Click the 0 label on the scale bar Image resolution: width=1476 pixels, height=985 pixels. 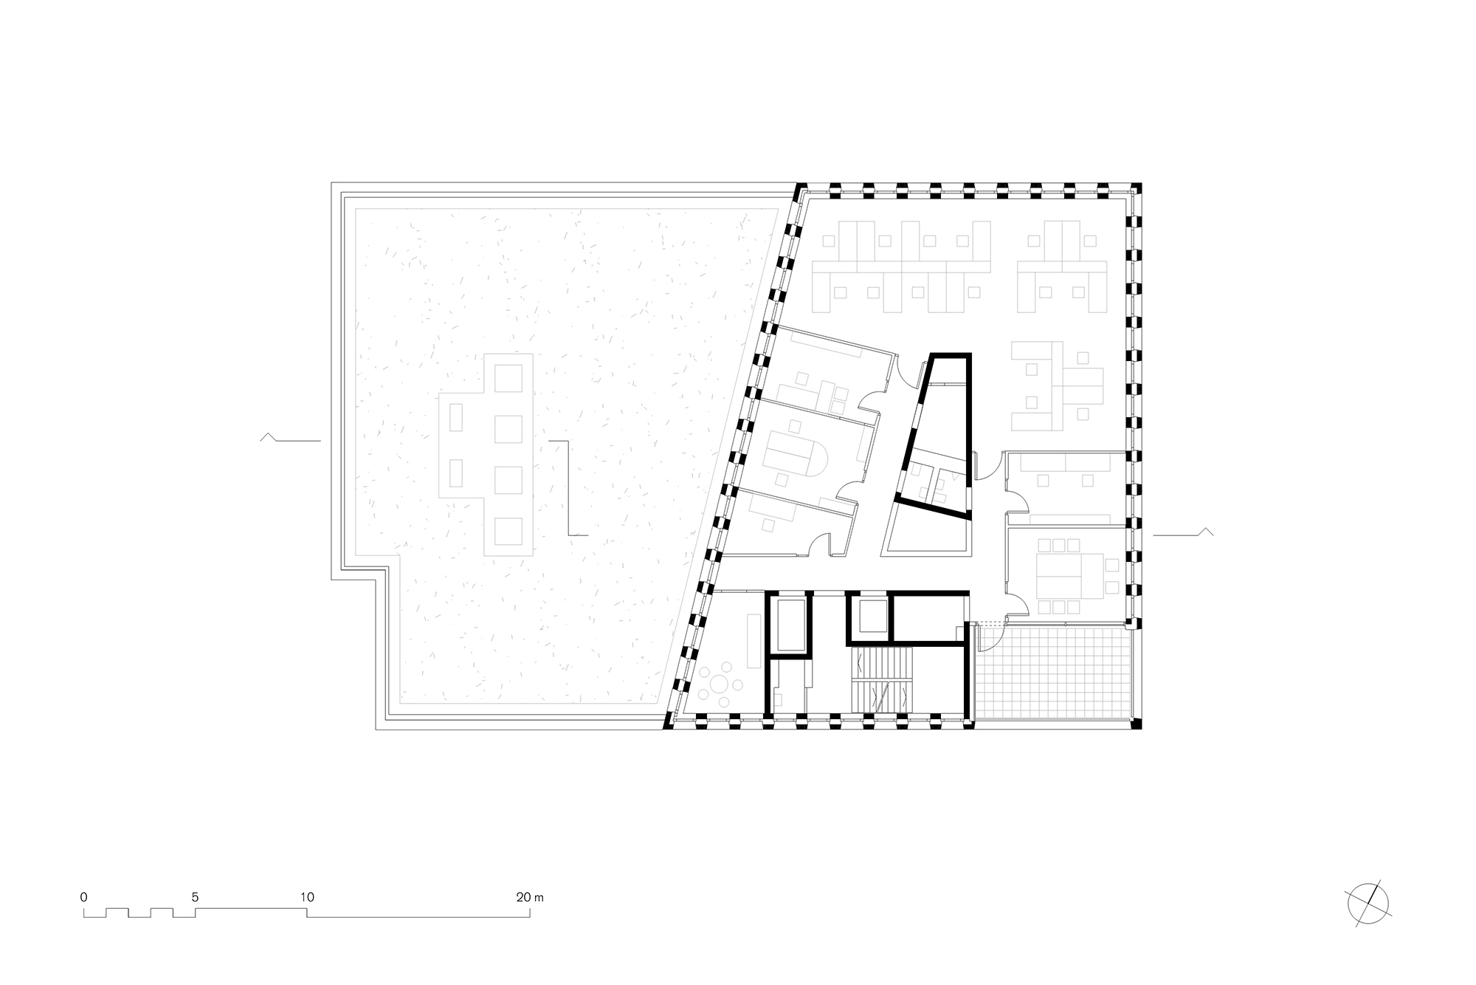84,898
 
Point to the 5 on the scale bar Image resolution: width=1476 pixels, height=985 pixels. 195,898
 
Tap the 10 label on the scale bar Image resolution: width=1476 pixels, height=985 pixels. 307,898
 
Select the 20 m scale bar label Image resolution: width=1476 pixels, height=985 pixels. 530,898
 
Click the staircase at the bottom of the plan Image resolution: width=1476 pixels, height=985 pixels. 880,679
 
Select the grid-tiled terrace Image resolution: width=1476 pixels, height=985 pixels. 1053,674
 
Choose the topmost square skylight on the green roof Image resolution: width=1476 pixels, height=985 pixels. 507,379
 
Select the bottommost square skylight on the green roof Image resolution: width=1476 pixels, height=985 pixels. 507,530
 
